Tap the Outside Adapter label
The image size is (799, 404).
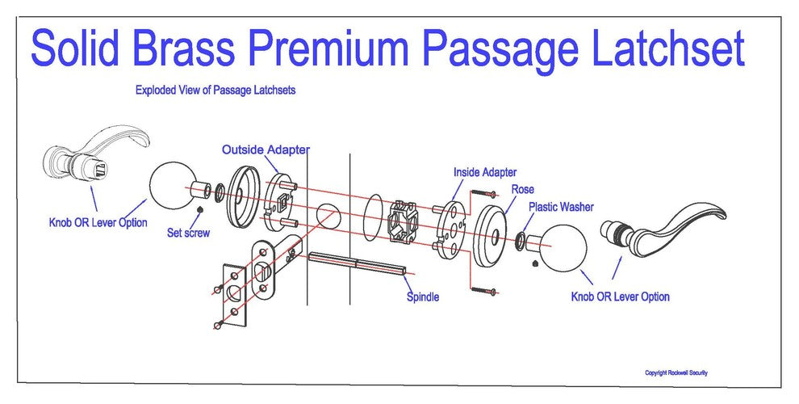(266, 149)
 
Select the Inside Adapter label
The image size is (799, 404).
(485, 172)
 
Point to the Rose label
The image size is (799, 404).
(522, 189)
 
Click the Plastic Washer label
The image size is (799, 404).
(561, 207)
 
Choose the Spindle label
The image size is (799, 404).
(423, 297)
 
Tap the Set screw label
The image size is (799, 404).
(188, 234)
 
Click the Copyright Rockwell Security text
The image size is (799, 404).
(676, 372)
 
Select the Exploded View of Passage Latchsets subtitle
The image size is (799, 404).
(215, 90)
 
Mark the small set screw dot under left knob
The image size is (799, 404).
(199, 211)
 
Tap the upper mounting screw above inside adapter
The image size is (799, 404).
(483, 194)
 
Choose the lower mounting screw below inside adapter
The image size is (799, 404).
(483, 289)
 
